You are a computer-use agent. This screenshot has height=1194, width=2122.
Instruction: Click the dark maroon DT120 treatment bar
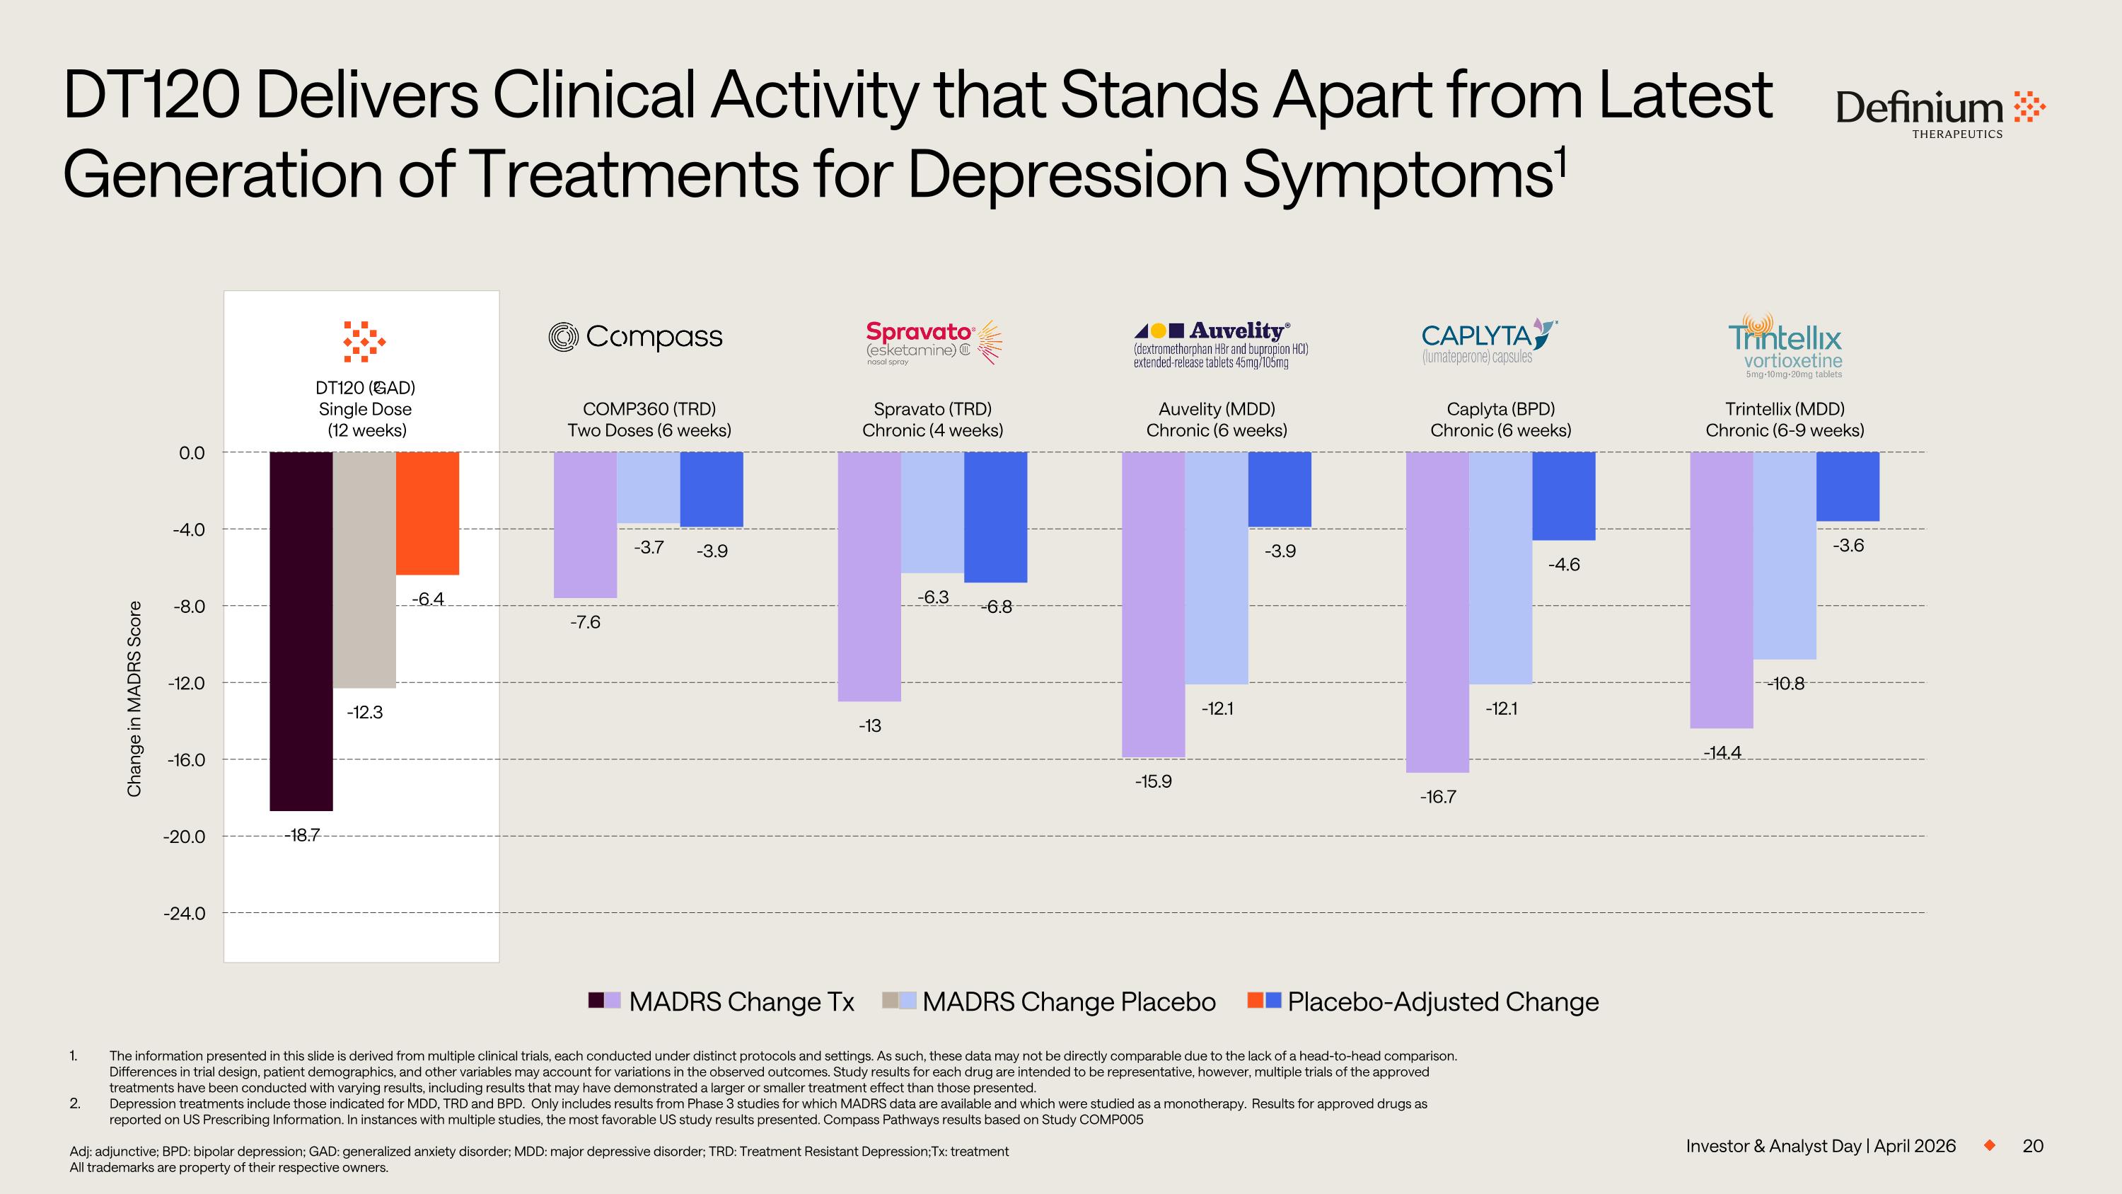point(301,631)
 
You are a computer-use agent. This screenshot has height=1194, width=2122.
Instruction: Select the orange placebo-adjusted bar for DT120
point(427,512)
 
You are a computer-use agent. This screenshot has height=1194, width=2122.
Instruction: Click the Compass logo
point(636,337)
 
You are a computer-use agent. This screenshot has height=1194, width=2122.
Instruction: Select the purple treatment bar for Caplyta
point(1437,612)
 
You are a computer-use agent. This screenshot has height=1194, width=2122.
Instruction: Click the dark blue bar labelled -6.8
point(995,517)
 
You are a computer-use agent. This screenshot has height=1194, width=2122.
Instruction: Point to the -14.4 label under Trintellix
point(1722,752)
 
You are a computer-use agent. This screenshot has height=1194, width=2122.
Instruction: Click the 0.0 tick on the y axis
point(192,452)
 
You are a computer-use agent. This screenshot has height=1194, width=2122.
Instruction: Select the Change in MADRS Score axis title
point(134,699)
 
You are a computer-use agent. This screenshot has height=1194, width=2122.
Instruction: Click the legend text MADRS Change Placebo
point(1068,1001)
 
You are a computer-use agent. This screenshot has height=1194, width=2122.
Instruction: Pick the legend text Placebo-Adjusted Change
point(1442,1001)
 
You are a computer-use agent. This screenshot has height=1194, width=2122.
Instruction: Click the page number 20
point(2032,1146)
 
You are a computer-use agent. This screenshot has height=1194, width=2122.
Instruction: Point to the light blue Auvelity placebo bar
point(1217,568)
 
